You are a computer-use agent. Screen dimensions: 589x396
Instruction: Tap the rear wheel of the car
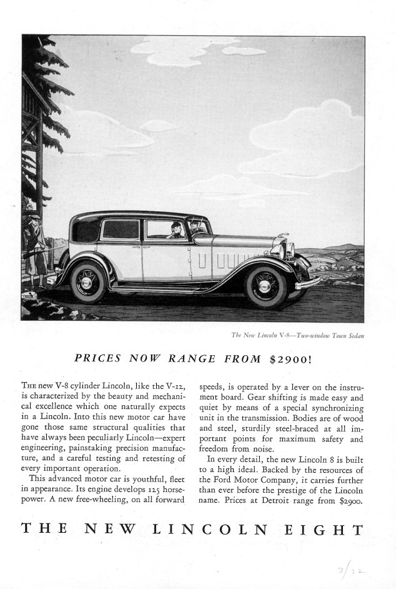89,281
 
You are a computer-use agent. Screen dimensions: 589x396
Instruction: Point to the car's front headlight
289,251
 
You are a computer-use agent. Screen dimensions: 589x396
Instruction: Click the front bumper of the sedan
308,283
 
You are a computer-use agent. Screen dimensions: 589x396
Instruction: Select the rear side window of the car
121,229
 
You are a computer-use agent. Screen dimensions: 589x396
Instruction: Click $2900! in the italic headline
294,359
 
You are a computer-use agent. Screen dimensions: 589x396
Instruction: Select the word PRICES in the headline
97,359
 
